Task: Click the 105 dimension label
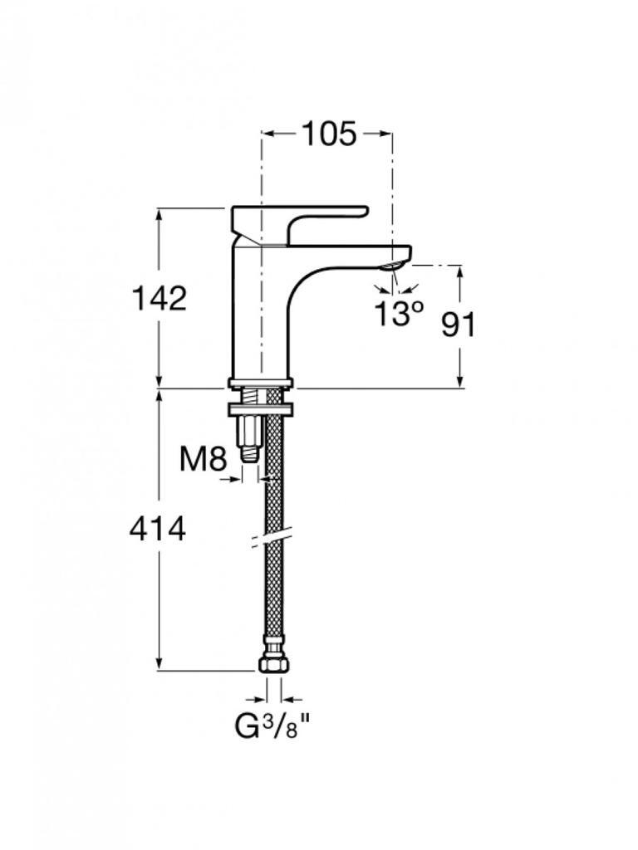(x=329, y=134)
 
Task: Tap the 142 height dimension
(x=159, y=298)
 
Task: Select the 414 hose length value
(x=158, y=529)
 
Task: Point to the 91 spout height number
(x=458, y=325)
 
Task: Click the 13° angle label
(x=399, y=313)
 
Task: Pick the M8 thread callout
(x=203, y=460)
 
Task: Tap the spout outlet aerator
(x=392, y=265)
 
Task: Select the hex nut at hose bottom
(x=274, y=663)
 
